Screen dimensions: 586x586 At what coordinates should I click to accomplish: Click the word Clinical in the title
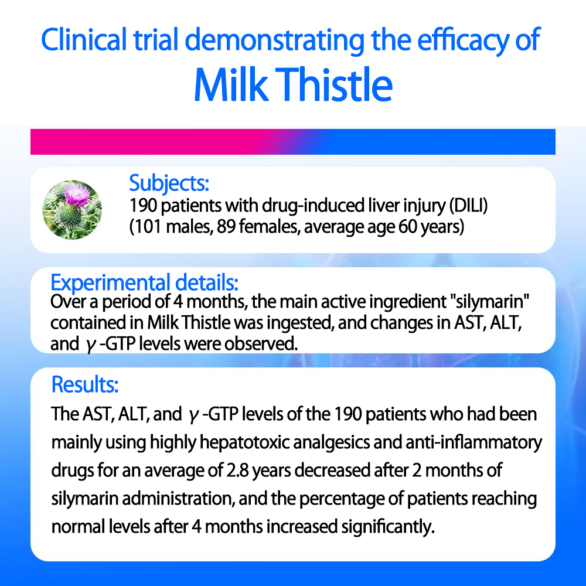pos(84,40)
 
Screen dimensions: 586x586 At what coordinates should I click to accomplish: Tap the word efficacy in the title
pos(463,42)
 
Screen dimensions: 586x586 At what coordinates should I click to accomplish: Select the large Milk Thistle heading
pos(294,84)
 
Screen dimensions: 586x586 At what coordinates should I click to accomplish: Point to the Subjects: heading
pos(169,183)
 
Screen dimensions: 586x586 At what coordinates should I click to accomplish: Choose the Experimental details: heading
pos(144,282)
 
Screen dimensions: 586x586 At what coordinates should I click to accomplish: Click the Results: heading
pos(85,384)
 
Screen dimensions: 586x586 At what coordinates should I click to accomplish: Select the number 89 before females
pos(226,227)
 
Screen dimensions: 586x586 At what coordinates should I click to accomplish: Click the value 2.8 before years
pos(238,471)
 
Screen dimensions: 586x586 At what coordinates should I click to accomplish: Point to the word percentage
pos(351,499)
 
